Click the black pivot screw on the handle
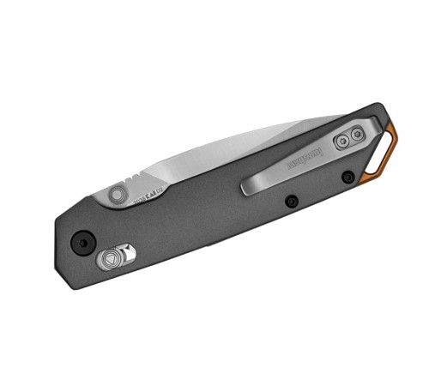(84, 243)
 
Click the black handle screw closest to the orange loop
(347, 178)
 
